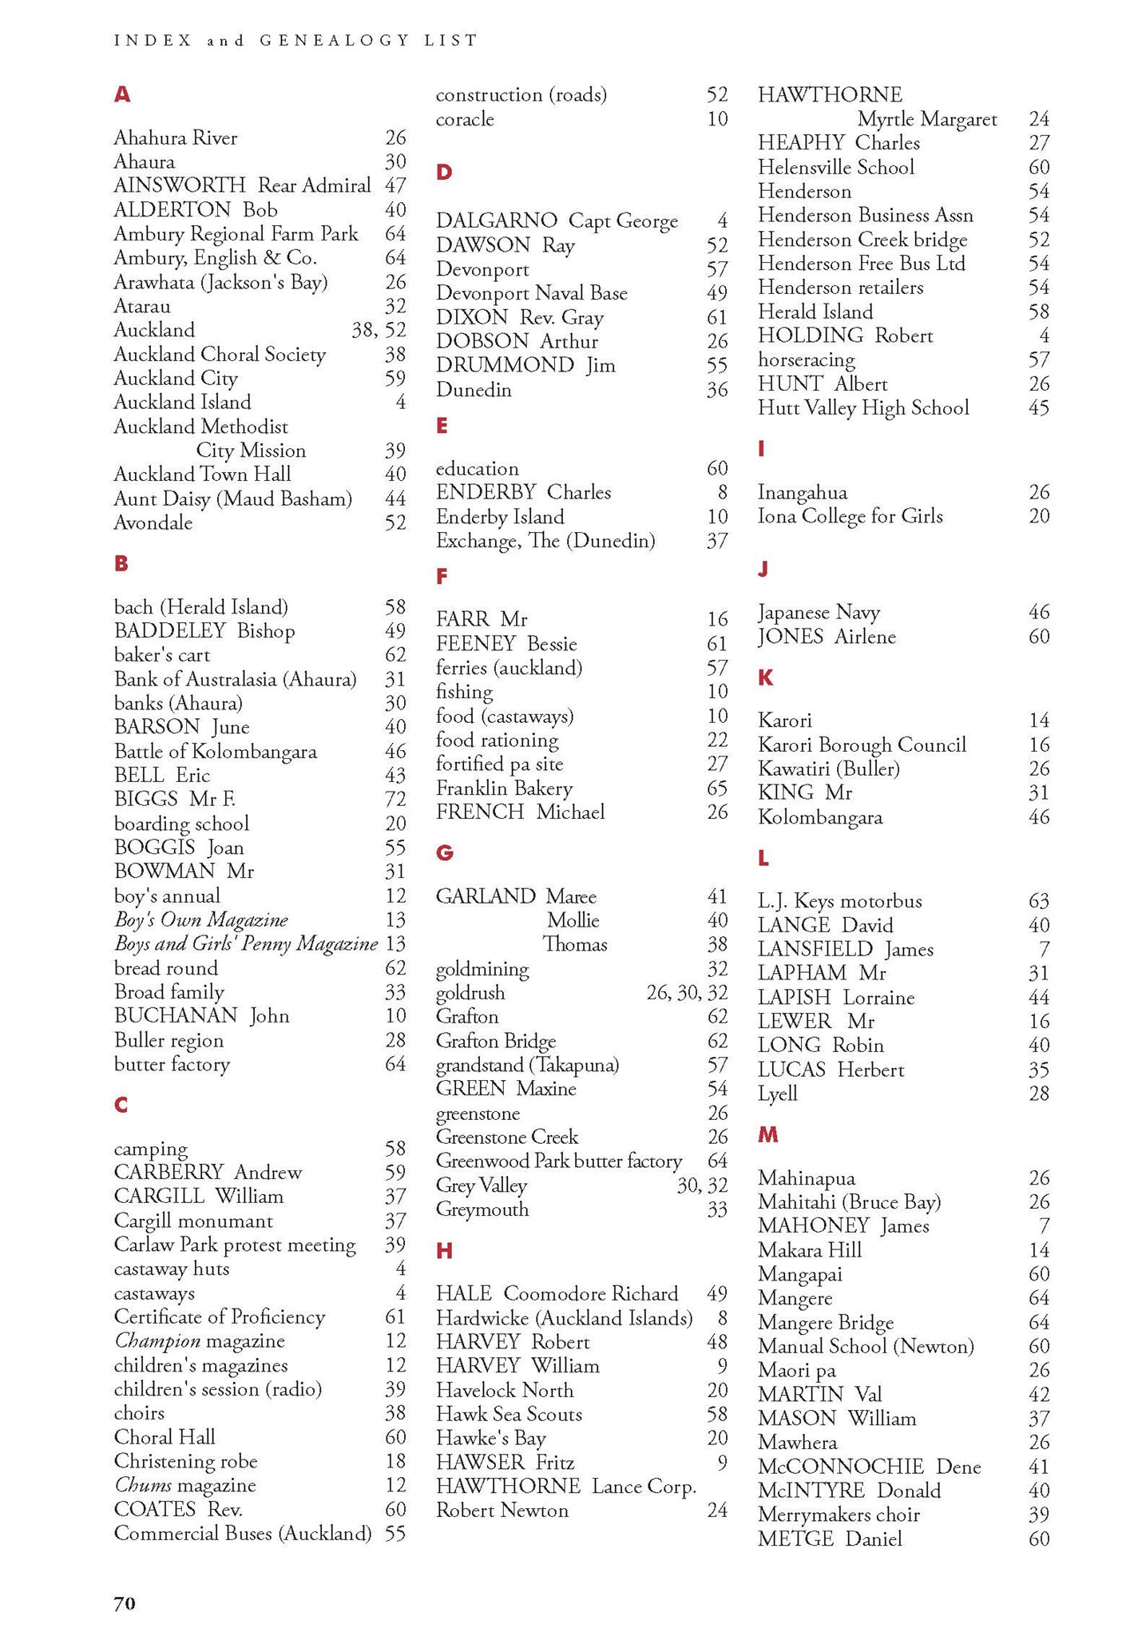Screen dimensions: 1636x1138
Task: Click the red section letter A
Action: point(121,94)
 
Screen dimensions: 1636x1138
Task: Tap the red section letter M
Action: point(767,1135)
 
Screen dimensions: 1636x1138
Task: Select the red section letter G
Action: point(445,853)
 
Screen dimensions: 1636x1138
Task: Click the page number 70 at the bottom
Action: point(125,1603)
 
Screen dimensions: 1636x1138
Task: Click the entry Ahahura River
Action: point(176,138)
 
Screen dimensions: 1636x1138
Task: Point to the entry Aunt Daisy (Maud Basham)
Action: point(232,499)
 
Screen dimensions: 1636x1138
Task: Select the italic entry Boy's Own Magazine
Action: point(200,919)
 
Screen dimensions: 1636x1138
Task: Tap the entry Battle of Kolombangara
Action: point(216,752)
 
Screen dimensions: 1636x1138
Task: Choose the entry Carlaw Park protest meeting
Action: point(235,1245)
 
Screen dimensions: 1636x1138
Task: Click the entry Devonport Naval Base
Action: point(532,293)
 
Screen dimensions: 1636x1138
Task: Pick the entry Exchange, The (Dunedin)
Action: point(545,541)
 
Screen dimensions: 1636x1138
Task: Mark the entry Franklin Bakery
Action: point(504,788)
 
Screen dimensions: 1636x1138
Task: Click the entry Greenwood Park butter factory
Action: point(559,1161)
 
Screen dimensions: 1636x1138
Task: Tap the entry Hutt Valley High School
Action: point(863,408)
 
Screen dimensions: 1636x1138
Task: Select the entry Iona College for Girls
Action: point(850,516)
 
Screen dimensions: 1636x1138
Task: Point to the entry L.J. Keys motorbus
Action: point(839,901)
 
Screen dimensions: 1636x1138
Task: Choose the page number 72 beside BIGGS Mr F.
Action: point(395,799)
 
